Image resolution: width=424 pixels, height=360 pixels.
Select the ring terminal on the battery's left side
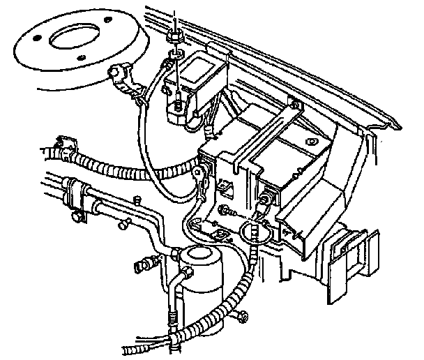pyautogui.click(x=202, y=172)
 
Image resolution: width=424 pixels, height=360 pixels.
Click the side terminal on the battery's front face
pyautogui.click(x=264, y=202)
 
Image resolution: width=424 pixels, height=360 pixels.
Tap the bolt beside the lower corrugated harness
pyautogui.click(x=241, y=317)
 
